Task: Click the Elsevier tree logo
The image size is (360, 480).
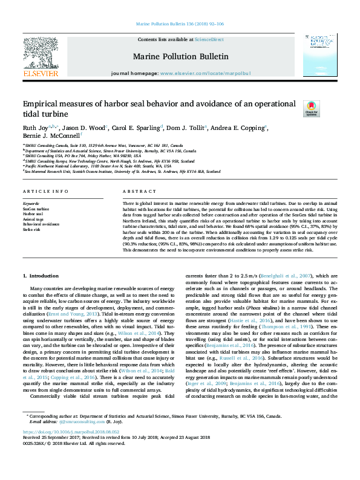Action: point(41,52)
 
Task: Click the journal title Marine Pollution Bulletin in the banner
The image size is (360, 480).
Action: point(180,56)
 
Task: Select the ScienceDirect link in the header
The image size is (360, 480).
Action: point(209,39)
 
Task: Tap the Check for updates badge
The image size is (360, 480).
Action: point(311,109)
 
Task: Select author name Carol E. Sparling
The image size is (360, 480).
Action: point(136,128)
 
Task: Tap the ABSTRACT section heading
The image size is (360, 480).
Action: point(134,192)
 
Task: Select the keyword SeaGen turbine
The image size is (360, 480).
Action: point(36,209)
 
